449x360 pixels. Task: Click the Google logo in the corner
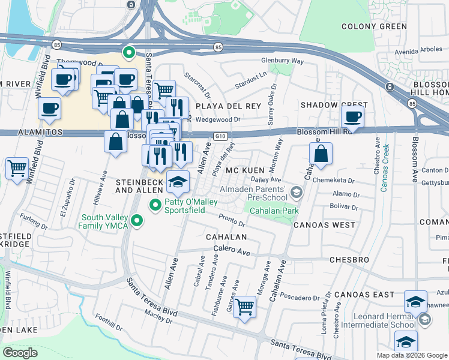point(20,353)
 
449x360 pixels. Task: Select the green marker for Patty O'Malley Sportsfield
point(155,206)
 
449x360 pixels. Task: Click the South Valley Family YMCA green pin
point(137,221)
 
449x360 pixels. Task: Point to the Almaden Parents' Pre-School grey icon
point(295,192)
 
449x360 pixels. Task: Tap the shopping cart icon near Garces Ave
point(244,307)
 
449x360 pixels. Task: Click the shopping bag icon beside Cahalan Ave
point(322,153)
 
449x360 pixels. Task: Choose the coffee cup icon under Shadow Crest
point(353,116)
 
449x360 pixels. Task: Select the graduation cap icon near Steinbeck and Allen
point(178,183)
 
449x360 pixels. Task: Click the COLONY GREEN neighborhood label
point(374,26)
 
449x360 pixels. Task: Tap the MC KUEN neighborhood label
point(245,170)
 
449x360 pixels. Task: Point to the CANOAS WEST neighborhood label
point(324,224)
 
